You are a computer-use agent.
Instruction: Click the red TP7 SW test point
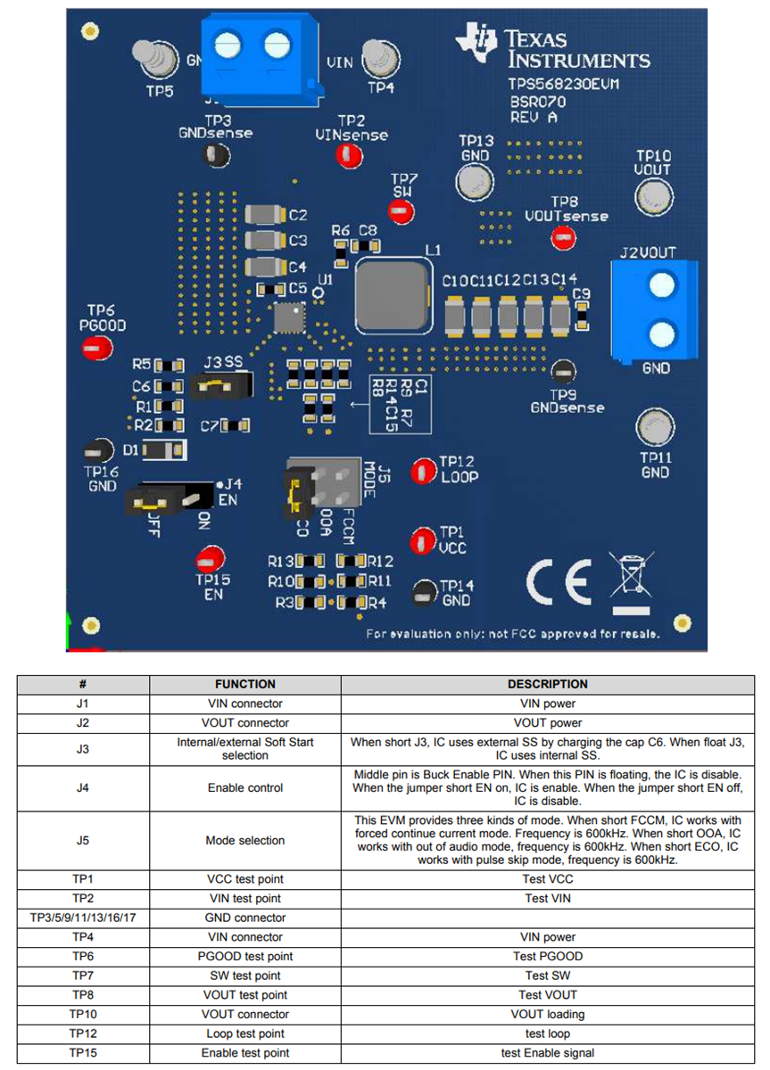pos(400,211)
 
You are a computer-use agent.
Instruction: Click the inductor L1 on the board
pos(392,293)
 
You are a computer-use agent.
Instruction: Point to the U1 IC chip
pos(289,316)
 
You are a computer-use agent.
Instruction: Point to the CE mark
pos(559,581)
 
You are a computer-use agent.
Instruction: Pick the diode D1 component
pos(164,450)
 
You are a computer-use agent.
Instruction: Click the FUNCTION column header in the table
pos(244,684)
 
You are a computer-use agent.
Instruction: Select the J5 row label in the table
pos(82,840)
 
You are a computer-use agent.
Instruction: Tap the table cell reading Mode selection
pos(244,840)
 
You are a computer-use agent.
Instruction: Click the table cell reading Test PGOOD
pos(547,956)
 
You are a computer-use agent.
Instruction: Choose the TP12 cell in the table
pos(82,1033)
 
